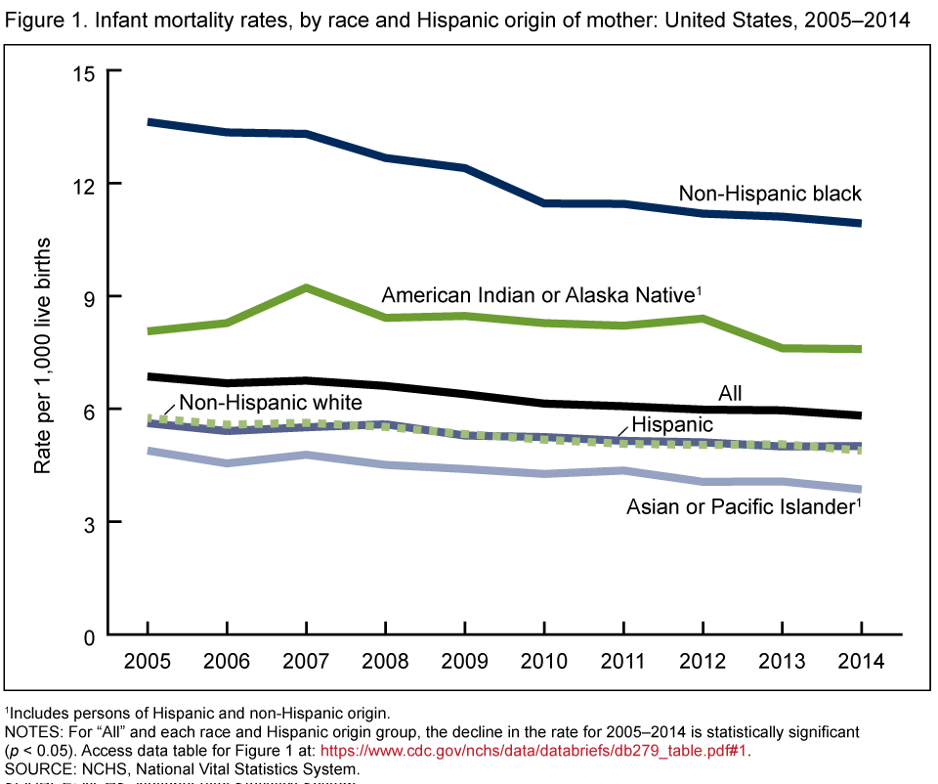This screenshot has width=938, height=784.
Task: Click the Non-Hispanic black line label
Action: coord(770,194)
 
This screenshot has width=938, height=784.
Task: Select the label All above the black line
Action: coord(730,393)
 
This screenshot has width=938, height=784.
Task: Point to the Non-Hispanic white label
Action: coord(271,402)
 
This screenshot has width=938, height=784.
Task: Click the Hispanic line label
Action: coord(672,424)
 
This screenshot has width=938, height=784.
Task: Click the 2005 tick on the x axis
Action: coord(148,660)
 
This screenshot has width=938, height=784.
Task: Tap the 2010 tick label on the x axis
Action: coord(544,660)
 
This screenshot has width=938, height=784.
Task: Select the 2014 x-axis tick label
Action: coord(861,660)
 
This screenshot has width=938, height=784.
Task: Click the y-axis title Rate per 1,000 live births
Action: coord(44,356)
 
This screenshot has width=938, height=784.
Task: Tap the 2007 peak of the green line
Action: coord(307,288)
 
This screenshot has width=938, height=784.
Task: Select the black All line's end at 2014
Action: coord(860,415)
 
